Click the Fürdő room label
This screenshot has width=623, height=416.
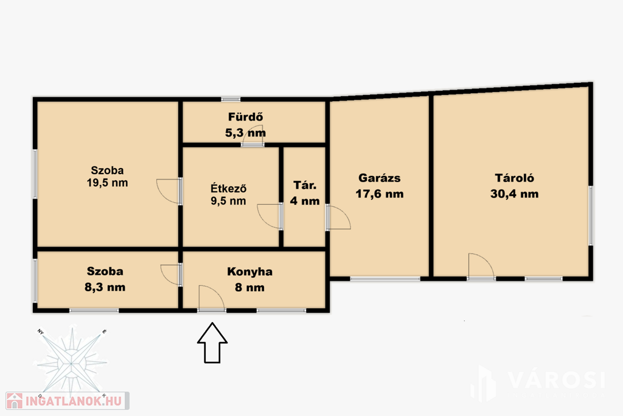(x=245, y=117)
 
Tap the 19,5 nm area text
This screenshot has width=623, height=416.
(x=107, y=183)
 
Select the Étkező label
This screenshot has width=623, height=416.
(x=228, y=188)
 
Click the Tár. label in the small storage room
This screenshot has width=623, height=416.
(x=305, y=185)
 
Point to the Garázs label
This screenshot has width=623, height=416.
(x=380, y=178)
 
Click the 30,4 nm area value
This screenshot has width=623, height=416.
(x=514, y=194)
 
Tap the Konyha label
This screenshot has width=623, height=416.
(x=249, y=272)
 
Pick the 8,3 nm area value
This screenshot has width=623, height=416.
(x=105, y=287)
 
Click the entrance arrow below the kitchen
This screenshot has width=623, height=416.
(x=212, y=342)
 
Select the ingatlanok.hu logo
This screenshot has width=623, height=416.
(x=68, y=401)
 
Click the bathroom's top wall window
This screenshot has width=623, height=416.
(x=231, y=99)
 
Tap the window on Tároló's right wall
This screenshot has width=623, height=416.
(x=590, y=215)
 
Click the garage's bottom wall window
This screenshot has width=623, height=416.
(x=385, y=279)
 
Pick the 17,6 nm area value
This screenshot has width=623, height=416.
(x=380, y=194)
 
